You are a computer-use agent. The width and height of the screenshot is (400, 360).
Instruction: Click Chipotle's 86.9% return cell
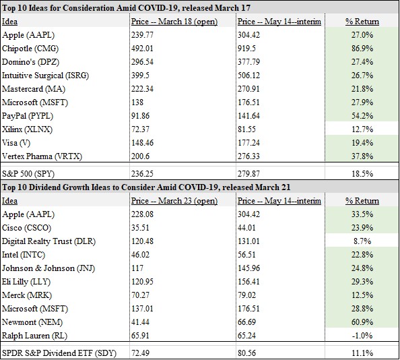(x=362, y=49)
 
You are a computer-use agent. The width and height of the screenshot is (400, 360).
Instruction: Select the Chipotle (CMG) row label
(x=30, y=49)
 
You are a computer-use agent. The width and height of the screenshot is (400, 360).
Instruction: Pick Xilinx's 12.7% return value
(x=362, y=129)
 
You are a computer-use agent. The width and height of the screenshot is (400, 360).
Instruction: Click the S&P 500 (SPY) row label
(x=28, y=174)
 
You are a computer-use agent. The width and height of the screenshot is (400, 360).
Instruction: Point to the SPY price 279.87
(x=248, y=174)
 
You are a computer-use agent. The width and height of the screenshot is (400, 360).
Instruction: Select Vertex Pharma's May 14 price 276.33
(x=248, y=156)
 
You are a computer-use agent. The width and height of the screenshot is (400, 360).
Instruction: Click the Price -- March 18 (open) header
(x=174, y=22)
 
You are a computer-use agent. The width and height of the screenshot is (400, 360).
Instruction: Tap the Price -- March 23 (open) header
(x=174, y=201)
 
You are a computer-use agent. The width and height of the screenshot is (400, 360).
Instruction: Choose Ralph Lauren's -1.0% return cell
(x=362, y=336)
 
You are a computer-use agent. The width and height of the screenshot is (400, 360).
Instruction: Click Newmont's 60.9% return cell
(x=362, y=322)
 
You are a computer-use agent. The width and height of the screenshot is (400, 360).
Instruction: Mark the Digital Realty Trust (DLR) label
(x=48, y=241)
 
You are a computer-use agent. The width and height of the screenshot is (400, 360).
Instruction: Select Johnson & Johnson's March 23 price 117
(x=137, y=268)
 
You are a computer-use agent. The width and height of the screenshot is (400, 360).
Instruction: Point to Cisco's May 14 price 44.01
(x=246, y=228)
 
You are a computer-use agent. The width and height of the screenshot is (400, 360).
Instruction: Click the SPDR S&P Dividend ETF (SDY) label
(x=59, y=353)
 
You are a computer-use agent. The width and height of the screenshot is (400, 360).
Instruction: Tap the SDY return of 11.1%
(x=362, y=353)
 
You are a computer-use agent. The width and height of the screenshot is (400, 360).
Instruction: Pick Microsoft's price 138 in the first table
(x=137, y=102)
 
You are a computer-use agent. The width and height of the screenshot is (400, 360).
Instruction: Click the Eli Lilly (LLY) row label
(x=26, y=282)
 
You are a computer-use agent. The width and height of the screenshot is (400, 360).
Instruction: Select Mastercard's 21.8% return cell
(x=362, y=89)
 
